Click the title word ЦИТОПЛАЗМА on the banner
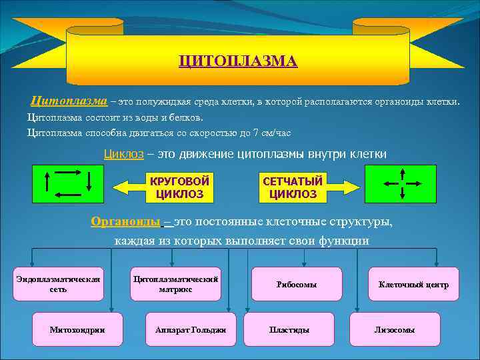(238, 61)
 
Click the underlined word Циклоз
(123, 154)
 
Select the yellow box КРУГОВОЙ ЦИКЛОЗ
(179, 187)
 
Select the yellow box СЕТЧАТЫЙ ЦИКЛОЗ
(293, 187)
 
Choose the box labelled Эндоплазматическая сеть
(58, 284)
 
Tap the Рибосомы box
(297, 284)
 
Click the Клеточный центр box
(413, 284)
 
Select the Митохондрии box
(77, 329)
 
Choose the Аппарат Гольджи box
(191, 329)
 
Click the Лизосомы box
(395, 329)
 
